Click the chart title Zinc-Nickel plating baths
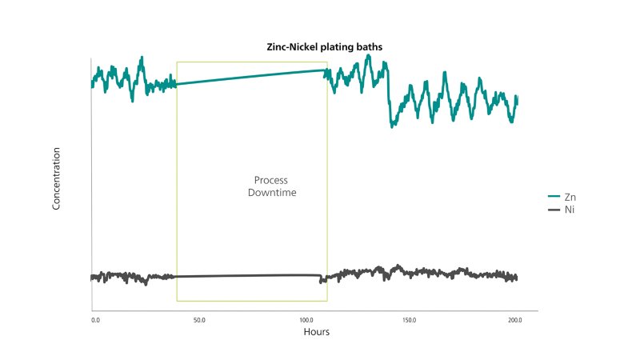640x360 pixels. [x=325, y=47]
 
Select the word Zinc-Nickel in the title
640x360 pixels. [x=290, y=47]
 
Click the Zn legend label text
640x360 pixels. [x=570, y=197]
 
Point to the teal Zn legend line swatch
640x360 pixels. [x=554, y=197]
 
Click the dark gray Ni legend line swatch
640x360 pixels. [x=554, y=210]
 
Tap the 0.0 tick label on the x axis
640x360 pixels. [x=96, y=320]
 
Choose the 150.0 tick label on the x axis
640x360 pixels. [x=409, y=320]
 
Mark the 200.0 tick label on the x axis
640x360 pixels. [x=514, y=320]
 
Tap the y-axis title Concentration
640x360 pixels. [x=57, y=178]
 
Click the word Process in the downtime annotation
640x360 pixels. [x=270, y=180]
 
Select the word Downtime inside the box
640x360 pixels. [x=272, y=194]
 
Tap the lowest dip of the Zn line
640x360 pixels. [x=392, y=126]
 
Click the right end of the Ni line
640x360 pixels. [x=517, y=278]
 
